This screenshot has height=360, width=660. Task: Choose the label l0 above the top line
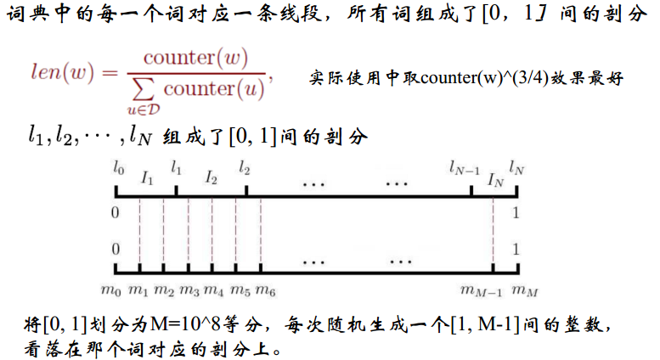[118, 169]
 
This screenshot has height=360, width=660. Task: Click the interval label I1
[147, 178]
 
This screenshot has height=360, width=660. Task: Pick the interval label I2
[212, 178]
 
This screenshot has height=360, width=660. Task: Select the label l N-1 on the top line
[465, 169]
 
